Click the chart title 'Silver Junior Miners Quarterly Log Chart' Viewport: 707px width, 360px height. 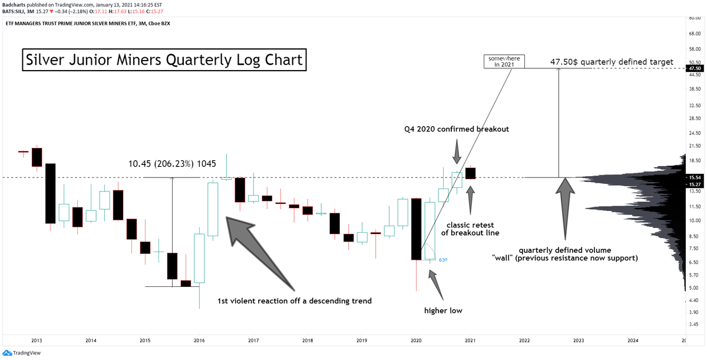coord(164,60)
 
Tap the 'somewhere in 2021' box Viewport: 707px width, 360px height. coord(504,61)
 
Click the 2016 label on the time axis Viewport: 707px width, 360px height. coord(199,341)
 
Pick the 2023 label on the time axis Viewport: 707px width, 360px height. coord(579,341)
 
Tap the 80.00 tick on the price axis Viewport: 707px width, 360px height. coord(693,19)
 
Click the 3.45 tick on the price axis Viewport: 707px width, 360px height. coord(693,324)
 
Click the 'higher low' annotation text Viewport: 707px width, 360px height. coord(443,310)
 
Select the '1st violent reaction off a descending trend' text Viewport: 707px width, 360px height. coord(295,301)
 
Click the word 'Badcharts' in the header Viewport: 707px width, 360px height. coord(14,4)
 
